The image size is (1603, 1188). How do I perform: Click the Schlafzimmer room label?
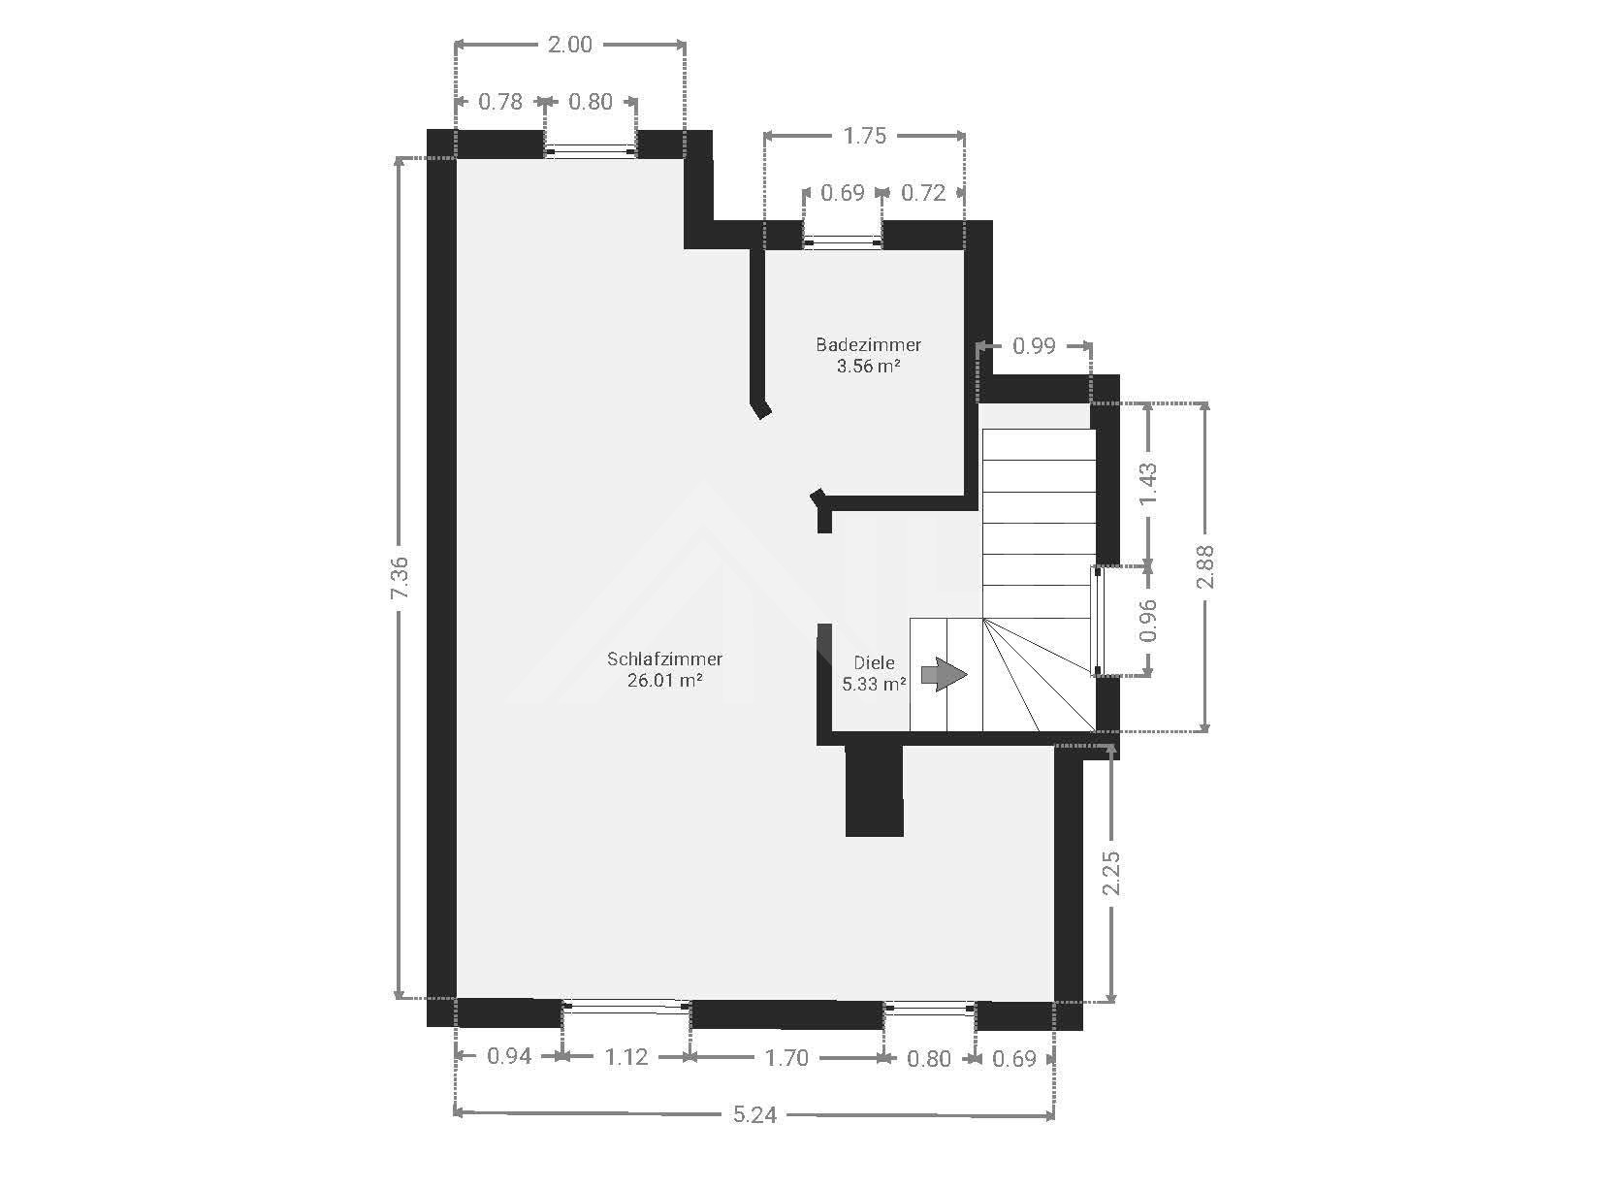point(664,658)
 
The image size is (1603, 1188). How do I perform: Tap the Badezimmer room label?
point(868,345)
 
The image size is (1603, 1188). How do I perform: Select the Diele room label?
point(874,662)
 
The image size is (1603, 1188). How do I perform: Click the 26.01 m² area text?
point(665,680)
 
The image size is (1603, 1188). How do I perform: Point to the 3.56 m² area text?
point(868,366)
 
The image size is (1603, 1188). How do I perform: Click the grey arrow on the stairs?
point(944,675)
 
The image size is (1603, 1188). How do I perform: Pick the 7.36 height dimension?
point(400,578)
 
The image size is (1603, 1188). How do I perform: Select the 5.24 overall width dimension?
point(754,1114)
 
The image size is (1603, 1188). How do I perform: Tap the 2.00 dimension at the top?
point(569,45)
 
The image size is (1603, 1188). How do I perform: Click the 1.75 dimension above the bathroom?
point(864,136)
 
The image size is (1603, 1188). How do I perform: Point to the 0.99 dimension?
point(1034,346)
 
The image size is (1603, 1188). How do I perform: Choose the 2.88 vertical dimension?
point(1204,566)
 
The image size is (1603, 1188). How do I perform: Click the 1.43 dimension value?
point(1147,484)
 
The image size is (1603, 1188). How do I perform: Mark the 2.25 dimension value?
point(1110,873)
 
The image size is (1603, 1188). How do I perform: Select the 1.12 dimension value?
point(625,1057)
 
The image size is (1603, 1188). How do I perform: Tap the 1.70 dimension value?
point(785,1058)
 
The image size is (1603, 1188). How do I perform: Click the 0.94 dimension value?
point(509,1056)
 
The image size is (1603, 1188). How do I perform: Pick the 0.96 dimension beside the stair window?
point(1147,621)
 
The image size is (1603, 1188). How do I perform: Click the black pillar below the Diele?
point(874,790)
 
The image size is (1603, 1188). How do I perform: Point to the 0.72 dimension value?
point(923,193)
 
